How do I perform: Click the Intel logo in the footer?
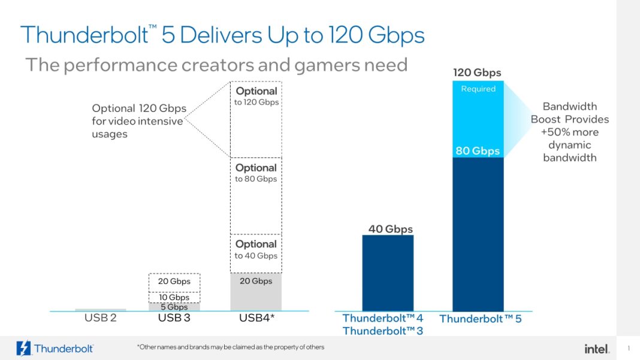coord(596,348)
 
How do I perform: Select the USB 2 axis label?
coord(100,318)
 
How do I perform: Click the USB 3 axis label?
coord(174,318)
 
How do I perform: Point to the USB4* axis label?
coord(256,318)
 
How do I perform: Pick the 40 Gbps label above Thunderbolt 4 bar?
coord(390,229)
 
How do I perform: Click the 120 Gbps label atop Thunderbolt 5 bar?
coord(477,73)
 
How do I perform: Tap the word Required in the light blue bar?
coord(478,89)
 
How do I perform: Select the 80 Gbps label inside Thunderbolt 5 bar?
coord(477,151)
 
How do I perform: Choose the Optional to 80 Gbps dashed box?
coord(256,195)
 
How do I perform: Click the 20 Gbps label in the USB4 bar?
coord(256,281)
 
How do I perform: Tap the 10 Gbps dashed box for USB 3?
coord(174,297)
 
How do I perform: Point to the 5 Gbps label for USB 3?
coord(174,307)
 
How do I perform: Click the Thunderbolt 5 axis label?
coord(480,319)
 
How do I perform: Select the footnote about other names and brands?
coord(230,347)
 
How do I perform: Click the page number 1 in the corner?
coord(629,348)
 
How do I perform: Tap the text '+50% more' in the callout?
coord(569,132)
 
